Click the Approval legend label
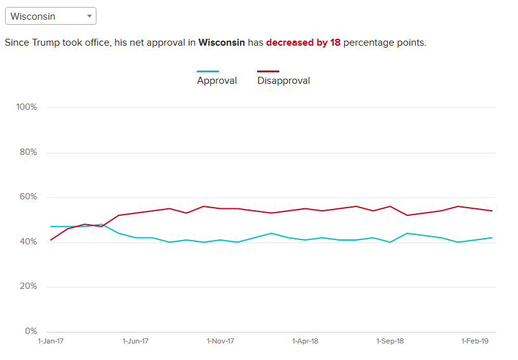(216, 81)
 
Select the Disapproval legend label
(284, 81)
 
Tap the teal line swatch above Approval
(208, 72)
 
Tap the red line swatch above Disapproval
(268, 72)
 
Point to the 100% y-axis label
(27, 107)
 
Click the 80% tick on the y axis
(28, 152)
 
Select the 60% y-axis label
(28, 197)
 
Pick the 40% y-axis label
(28, 242)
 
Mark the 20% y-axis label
(28, 286)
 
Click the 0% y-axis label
(30, 331)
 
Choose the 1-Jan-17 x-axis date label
(51, 341)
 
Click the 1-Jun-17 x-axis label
(135, 341)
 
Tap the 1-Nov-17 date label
(220, 341)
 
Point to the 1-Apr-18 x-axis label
(305, 341)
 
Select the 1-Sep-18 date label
(390, 341)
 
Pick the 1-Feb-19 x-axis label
(475, 341)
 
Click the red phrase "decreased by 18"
(303, 43)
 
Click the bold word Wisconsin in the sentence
(222, 43)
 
